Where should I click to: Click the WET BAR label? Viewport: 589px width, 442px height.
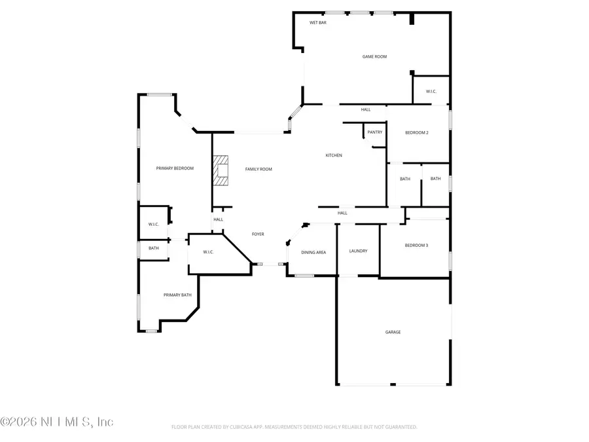point(318,23)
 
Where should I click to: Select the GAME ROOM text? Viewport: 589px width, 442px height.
point(374,57)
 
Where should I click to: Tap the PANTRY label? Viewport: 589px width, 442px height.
point(374,132)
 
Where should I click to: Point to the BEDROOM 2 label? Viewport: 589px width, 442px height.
point(417,133)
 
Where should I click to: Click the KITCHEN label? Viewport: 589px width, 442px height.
point(334,155)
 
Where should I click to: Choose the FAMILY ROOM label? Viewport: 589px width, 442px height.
point(259,169)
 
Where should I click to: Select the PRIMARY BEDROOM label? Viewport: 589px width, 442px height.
point(175,169)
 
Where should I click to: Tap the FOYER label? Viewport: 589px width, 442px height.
point(259,234)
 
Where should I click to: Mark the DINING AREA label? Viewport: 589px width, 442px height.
point(313,252)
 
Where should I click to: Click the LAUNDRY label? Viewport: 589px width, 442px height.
point(358,251)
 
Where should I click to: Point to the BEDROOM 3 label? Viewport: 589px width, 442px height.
point(417,246)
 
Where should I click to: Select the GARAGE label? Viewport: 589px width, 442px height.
point(393,332)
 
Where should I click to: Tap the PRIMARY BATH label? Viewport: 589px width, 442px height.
point(177,295)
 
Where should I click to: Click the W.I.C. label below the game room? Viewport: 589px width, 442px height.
point(431,92)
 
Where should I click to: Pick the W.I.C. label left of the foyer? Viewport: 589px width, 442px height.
point(209,252)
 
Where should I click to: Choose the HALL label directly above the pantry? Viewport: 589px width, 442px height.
point(366,110)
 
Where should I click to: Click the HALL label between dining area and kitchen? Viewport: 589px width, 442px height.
point(342,213)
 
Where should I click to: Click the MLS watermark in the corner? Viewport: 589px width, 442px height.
point(57,422)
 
